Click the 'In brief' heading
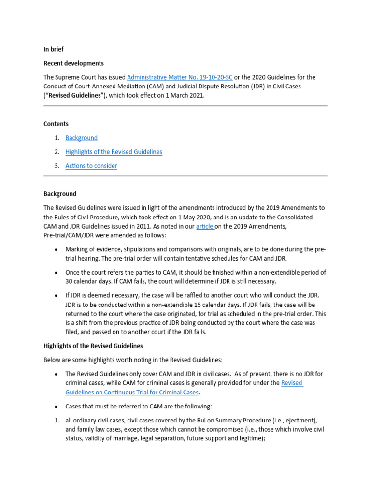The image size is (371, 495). tap(54, 49)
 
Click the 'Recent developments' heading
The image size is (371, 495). tap(73, 63)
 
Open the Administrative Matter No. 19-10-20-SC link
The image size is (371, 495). tap(180, 77)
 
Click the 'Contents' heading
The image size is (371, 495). tap(56, 124)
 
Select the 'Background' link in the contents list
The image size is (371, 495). tap(81, 138)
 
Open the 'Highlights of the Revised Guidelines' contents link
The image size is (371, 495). tap(114, 152)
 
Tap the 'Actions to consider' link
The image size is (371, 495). tap(91, 166)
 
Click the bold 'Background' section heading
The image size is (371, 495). tap(60, 194)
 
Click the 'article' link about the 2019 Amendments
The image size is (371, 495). tap(205, 226)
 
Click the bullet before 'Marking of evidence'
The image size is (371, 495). tap(57, 249)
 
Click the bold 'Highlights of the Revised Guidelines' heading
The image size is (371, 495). tap(93, 346)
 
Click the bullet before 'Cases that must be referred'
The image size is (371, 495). tap(57, 406)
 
